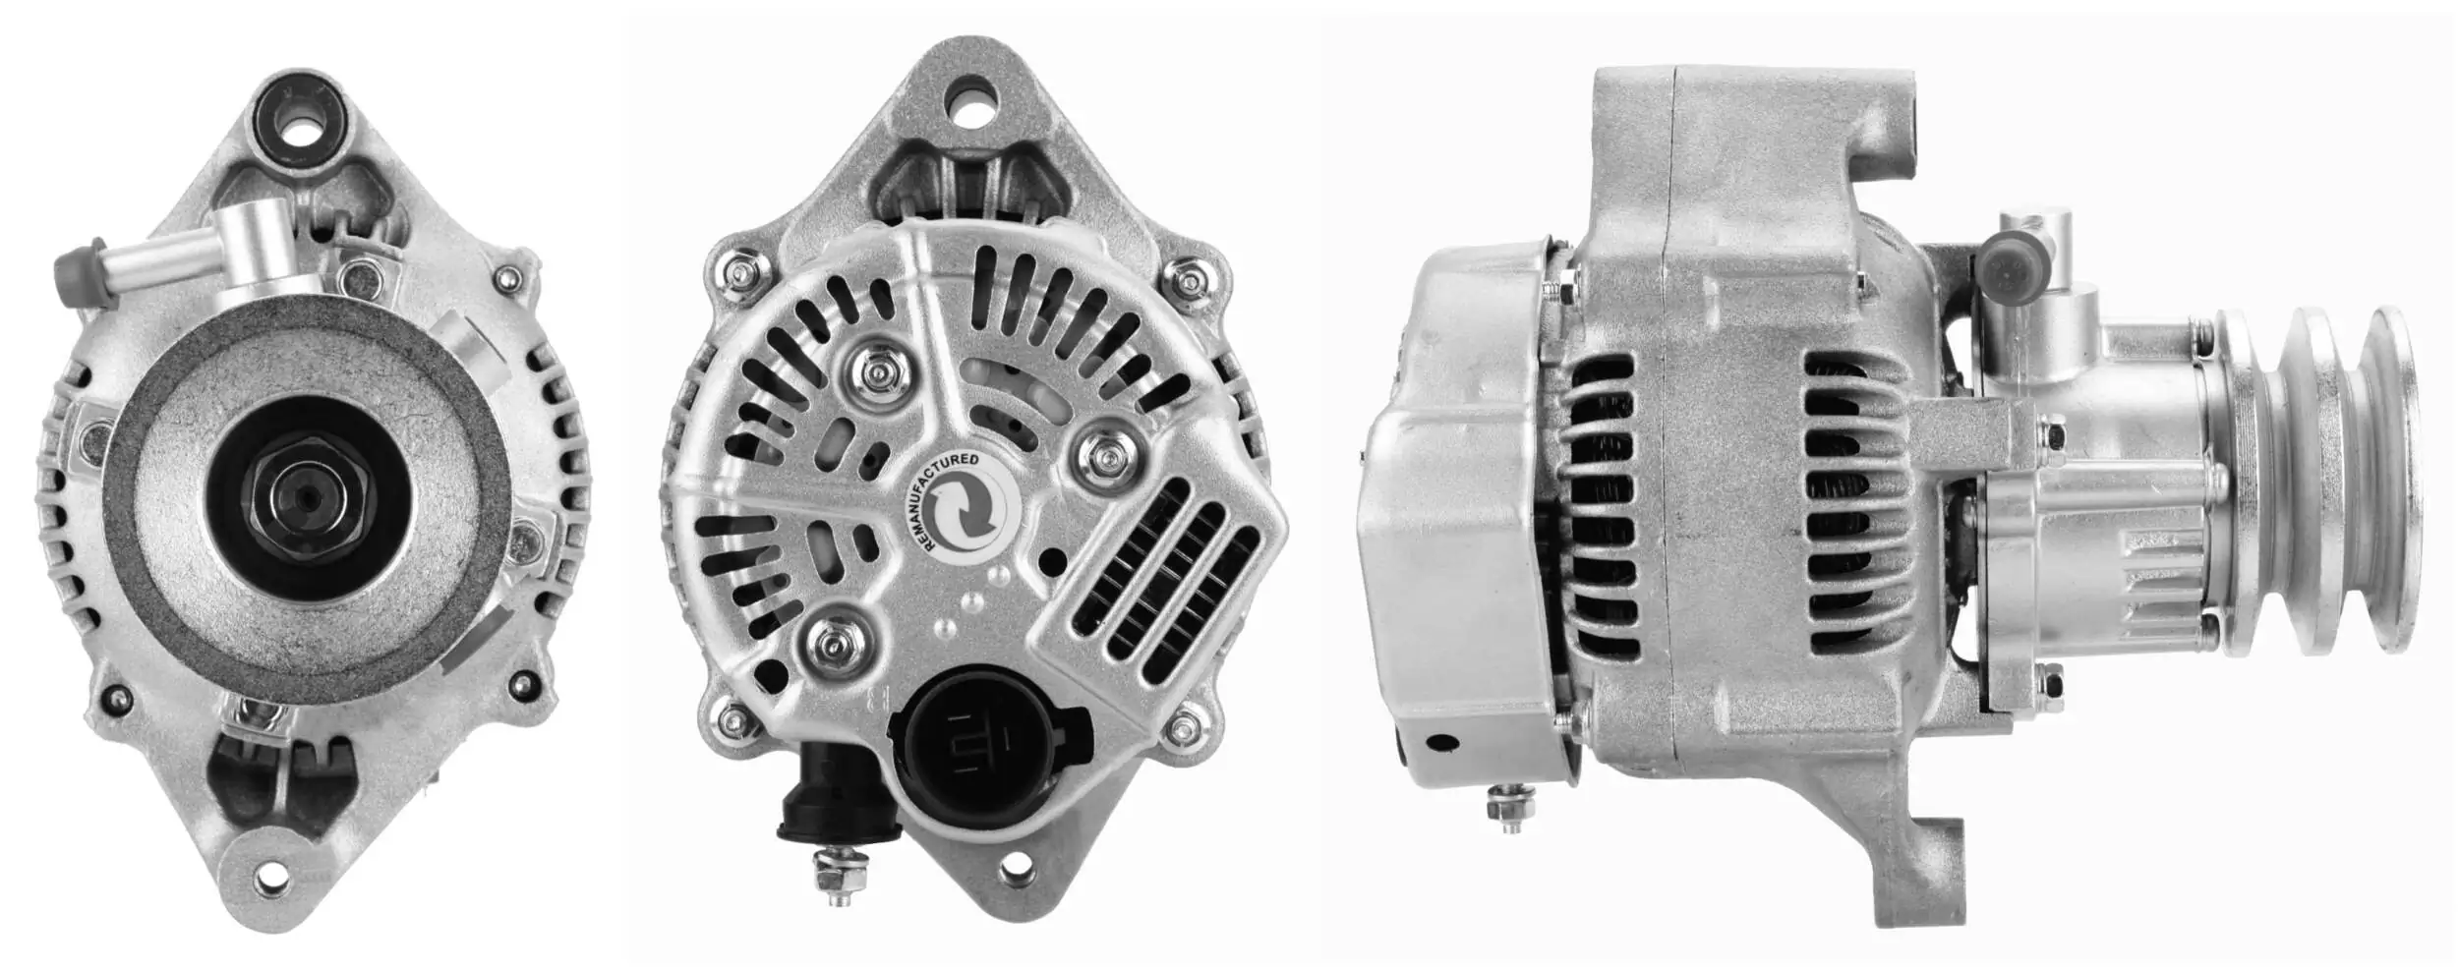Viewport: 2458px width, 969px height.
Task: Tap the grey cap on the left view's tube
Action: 77,265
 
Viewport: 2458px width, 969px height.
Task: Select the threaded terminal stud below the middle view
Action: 839,875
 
